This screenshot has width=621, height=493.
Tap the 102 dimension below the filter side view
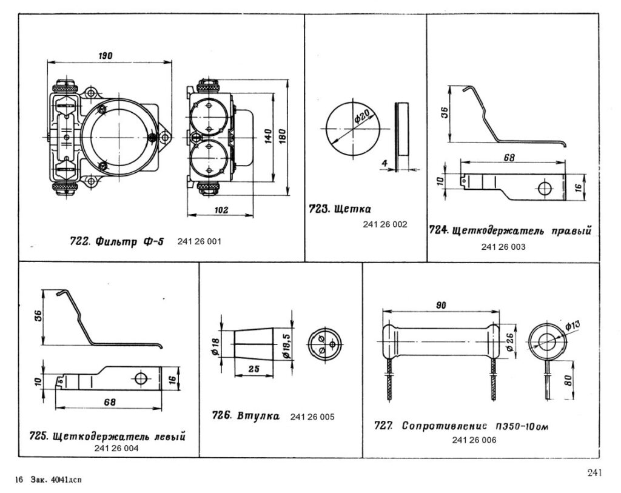point(221,209)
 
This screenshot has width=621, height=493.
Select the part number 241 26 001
point(200,241)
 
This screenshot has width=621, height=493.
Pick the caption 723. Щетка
point(339,210)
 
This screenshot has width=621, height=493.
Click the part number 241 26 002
point(385,224)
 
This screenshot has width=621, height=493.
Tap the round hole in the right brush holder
point(543,188)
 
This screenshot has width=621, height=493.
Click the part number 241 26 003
point(503,247)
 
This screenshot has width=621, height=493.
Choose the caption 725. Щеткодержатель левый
point(107,436)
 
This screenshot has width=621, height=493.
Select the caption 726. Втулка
point(246,416)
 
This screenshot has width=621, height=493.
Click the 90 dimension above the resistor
point(441,306)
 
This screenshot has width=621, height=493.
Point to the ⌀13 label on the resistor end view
point(572,325)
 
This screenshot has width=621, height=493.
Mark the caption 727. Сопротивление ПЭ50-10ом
point(462,426)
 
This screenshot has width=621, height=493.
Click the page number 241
point(594,472)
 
